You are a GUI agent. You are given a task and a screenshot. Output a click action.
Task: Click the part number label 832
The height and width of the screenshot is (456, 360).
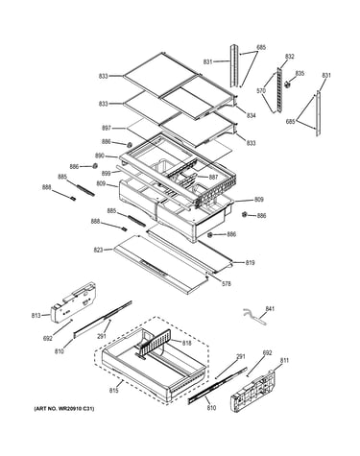click(x=289, y=57)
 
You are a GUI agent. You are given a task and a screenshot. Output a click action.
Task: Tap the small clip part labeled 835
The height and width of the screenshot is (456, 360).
click(x=288, y=84)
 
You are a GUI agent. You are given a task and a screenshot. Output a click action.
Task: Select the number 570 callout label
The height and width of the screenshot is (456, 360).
click(x=261, y=91)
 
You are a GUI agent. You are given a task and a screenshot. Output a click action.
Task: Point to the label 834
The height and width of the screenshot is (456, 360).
click(x=251, y=115)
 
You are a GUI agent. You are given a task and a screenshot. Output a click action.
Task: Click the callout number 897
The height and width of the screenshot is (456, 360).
click(x=107, y=128)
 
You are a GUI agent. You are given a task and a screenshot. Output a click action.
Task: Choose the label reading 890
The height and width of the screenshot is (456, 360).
click(x=100, y=156)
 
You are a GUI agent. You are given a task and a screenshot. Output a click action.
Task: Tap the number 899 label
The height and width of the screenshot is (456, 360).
click(x=107, y=173)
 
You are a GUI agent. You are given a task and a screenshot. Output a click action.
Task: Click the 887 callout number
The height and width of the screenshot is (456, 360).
click(x=213, y=177)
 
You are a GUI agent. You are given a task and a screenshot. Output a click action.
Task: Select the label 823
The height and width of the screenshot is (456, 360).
click(x=98, y=250)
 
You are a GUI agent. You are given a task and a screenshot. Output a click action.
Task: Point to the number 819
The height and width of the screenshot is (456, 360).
click(x=250, y=263)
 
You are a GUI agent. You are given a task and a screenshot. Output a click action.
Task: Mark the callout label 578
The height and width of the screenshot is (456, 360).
click(x=226, y=283)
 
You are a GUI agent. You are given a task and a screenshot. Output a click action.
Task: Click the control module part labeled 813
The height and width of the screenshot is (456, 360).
click(x=74, y=302)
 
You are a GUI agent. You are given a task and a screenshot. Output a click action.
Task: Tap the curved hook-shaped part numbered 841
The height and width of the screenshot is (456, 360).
click(x=254, y=317)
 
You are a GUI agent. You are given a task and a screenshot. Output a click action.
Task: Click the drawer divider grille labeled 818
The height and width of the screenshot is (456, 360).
click(x=155, y=343)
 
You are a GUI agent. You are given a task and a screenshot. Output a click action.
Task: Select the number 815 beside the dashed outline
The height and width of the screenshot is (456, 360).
click(x=114, y=391)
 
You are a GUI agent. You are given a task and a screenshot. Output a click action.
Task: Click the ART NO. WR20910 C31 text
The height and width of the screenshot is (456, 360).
click(x=64, y=409)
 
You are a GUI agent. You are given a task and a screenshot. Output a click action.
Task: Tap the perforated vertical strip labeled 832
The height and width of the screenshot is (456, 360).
click(x=280, y=90)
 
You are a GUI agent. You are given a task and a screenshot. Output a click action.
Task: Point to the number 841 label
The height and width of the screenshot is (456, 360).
click(x=270, y=309)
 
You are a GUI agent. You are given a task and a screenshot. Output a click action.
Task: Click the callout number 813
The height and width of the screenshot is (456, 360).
click(x=36, y=316)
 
